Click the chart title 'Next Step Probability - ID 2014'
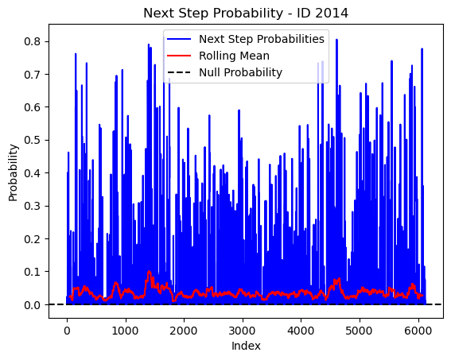point(246,14)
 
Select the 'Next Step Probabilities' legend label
point(262,39)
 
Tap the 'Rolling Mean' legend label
point(234,56)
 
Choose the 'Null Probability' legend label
point(240,72)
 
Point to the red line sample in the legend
point(179,56)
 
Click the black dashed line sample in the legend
point(179,72)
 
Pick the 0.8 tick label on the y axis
point(32,41)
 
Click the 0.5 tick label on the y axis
point(32,140)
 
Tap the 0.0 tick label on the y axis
point(32,305)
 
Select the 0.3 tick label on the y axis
point(32,206)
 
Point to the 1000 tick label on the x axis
point(125,331)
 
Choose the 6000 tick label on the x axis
point(418,331)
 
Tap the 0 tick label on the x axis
point(67,331)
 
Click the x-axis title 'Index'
point(246,346)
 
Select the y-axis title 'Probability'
point(13,173)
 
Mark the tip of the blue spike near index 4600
point(336,40)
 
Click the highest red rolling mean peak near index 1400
point(149,271)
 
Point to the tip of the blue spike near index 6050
point(422,48)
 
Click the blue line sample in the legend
point(179,39)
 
